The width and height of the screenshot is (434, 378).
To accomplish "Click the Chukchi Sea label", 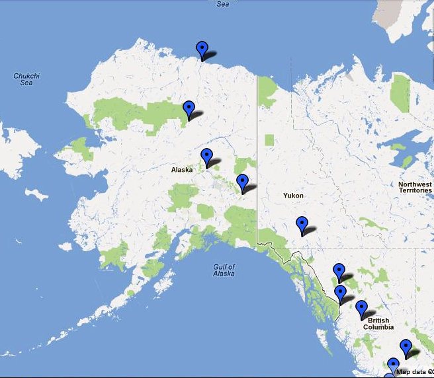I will tap(26, 79).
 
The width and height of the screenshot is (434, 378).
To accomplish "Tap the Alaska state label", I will tap(182, 170).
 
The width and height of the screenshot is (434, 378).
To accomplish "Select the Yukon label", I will tap(293, 196).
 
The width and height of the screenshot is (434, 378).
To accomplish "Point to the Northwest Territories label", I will tap(415, 188).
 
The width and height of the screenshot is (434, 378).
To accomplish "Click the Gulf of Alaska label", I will tap(224, 270).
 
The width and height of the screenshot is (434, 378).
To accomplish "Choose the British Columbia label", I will tap(378, 324).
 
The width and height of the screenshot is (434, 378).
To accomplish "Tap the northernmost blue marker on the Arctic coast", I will tap(202, 49).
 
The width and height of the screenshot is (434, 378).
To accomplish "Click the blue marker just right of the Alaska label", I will tap(207, 157).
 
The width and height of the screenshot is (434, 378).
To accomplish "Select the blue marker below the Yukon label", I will tap(302, 225).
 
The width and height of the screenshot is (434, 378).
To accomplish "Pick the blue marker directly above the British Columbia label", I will tap(361, 308).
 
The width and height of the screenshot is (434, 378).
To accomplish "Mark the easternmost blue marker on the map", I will tap(406, 346).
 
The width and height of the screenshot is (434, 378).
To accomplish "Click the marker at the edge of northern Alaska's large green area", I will tap(189, 108).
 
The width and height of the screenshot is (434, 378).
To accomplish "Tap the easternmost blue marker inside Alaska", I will tap(242, 182).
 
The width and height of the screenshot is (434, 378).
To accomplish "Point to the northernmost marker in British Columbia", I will tap(339, 271).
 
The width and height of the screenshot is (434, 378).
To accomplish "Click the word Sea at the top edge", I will tap(223, 3).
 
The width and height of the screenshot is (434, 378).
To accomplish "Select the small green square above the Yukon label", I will tap(269, 140).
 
